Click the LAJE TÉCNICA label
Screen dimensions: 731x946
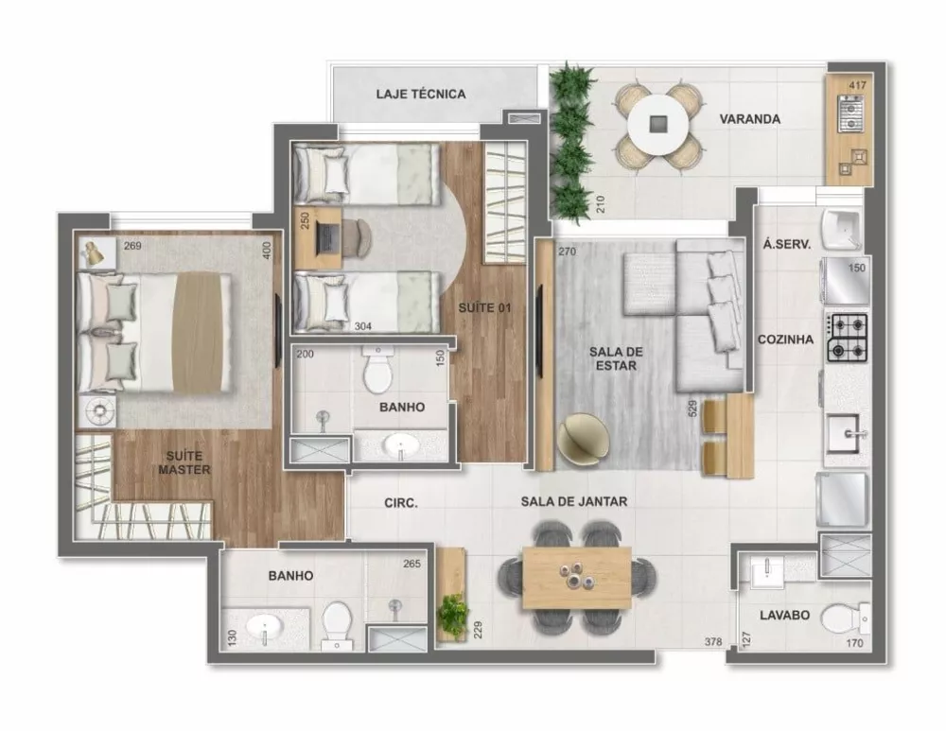421,95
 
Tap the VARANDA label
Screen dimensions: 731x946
749,120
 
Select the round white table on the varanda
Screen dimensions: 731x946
658,122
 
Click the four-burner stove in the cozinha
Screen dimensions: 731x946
848,338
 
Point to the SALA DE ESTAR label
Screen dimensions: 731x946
616,359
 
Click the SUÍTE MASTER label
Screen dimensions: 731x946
184,462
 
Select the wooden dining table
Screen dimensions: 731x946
576,577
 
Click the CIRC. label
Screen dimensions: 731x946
402,503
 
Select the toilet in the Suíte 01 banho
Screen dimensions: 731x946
377,371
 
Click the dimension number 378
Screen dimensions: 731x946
713,643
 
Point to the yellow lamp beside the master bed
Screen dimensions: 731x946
93,252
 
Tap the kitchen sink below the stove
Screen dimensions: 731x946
847,436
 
